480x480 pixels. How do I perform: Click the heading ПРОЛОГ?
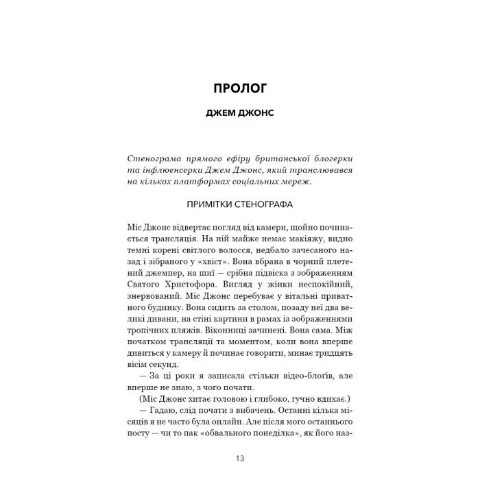[239, 89]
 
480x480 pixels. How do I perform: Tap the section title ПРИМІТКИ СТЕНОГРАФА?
[239, 204]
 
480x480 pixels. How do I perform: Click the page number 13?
[239, 459]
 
